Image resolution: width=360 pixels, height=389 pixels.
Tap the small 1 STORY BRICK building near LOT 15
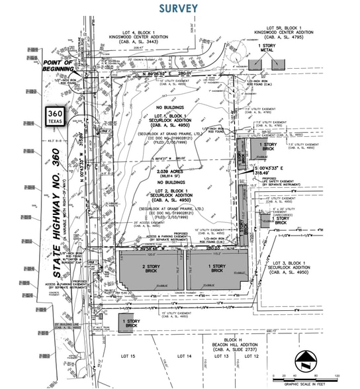click(132, 322)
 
